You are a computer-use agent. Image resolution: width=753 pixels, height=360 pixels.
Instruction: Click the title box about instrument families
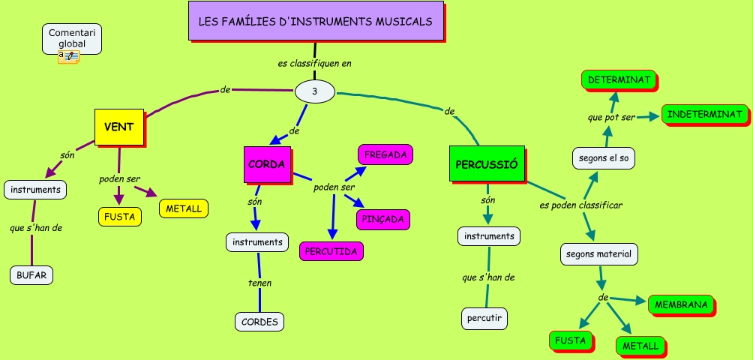click(315, 21)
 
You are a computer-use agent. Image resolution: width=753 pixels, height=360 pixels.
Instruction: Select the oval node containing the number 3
click(314, 91)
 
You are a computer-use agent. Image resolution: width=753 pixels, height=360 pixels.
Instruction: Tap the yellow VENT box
click(118, 127)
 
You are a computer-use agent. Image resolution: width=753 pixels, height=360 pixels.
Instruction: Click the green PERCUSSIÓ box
click(487, 163)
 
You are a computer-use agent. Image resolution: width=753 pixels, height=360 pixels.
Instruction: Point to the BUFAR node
click(32, 275)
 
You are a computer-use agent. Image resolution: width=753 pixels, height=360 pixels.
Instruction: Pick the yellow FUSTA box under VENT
click(120, 216)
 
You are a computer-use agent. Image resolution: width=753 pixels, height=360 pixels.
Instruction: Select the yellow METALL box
click(183, 208)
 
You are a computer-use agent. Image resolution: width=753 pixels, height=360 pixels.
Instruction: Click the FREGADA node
click(385, 155)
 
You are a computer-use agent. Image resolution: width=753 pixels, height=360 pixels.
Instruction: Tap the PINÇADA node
click(382, 219)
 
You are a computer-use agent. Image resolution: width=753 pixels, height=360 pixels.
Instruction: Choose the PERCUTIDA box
click(331, 250)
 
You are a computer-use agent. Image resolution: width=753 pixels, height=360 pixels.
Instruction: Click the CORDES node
click(259, 322)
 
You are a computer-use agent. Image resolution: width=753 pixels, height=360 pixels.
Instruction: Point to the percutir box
click(484, 318)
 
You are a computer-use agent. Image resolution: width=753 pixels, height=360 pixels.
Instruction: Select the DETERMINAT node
click(618, 79)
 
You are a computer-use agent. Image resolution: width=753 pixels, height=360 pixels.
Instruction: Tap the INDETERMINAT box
click(704, 114)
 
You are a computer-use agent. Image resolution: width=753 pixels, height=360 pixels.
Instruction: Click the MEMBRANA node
click(680, 304)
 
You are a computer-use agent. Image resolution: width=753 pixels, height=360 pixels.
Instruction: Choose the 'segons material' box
click(598, 253)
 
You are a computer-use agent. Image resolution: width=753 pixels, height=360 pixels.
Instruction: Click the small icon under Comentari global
click(68, 56)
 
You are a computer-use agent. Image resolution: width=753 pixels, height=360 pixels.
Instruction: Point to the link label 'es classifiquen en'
click(314, 64)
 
